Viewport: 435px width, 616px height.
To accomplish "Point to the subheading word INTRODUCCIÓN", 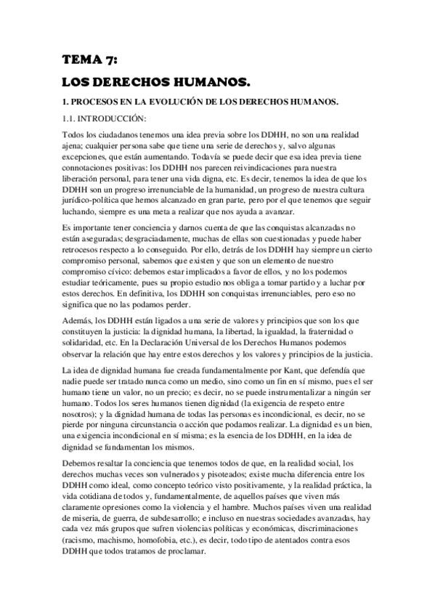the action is click(110, 118).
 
